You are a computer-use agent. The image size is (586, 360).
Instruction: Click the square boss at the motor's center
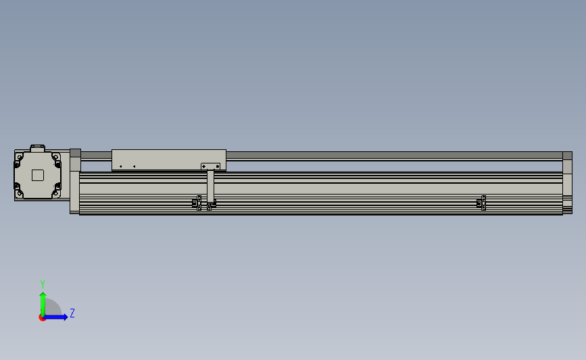pyautogui.click(x=38, y=175)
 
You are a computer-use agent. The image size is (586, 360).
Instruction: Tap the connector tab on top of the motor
pyautogui.click(x=37, y=149)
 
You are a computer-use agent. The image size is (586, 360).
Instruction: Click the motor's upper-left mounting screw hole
pyautogui.click(x=19, y=157)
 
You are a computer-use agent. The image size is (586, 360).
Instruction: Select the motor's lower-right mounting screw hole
pyautogui.click(x=56, y=193)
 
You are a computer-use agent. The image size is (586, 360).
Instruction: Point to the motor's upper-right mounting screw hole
pyautogui.click(x=56, y=157)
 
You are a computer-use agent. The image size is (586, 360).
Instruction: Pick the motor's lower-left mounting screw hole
pyautogui.click(x=19, y=193)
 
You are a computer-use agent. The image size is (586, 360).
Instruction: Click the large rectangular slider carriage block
pyautogui.click(x=169, y=160)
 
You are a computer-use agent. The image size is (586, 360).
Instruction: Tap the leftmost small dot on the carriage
pyautogui.click(x=120, y=167)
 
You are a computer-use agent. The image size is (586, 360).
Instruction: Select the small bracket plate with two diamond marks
pyautogui.click(x=211, y=166)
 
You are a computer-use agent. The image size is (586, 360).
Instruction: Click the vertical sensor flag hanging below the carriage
pyautogui.click(x=210, y=186)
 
